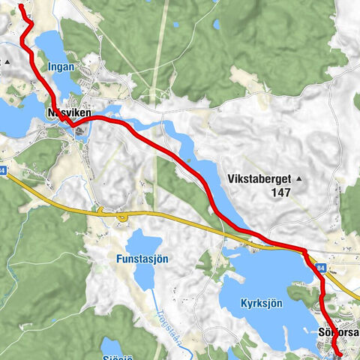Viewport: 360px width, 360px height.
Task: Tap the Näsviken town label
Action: click(x=69, y=112)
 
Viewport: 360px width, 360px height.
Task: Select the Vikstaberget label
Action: click(x=259, y=179)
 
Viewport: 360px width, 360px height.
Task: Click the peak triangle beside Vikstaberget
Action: click(x=299, y=179)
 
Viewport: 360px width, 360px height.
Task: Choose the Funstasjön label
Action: click(x=141, y=259)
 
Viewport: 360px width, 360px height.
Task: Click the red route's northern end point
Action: click(x=20, y=6)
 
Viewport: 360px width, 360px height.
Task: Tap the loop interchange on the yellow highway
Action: click(x=121, y=217)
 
